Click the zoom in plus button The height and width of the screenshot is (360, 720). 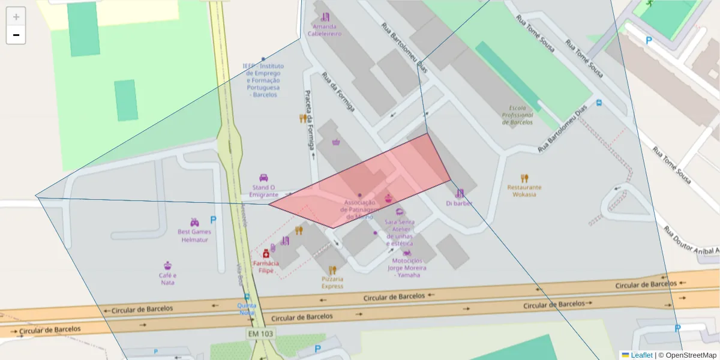tap(16, 17)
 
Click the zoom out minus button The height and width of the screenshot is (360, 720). tap(16, 35)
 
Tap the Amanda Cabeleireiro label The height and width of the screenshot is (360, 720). tap(325, 31)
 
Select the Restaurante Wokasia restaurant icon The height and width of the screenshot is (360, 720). tap(524, 178)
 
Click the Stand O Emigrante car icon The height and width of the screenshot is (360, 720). tap(263, 178)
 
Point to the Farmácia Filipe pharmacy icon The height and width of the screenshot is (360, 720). tap(266, 254)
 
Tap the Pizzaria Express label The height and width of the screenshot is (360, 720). tap(332, 283)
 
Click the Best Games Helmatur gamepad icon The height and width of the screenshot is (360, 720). tap(194, 222)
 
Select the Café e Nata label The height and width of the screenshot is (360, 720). tap(167, 279)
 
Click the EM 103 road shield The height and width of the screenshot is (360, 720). tap(260, 333)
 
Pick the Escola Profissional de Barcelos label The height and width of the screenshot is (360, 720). tap(517, 115)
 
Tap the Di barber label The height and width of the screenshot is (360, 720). tap(459, 203)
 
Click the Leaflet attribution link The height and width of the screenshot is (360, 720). tap(641, 355)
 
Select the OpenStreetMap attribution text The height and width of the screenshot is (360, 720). tap(687, 355)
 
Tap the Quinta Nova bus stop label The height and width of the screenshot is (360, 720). tap(247, 308)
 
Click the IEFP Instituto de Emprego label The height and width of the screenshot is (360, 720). tap(263, 80)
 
